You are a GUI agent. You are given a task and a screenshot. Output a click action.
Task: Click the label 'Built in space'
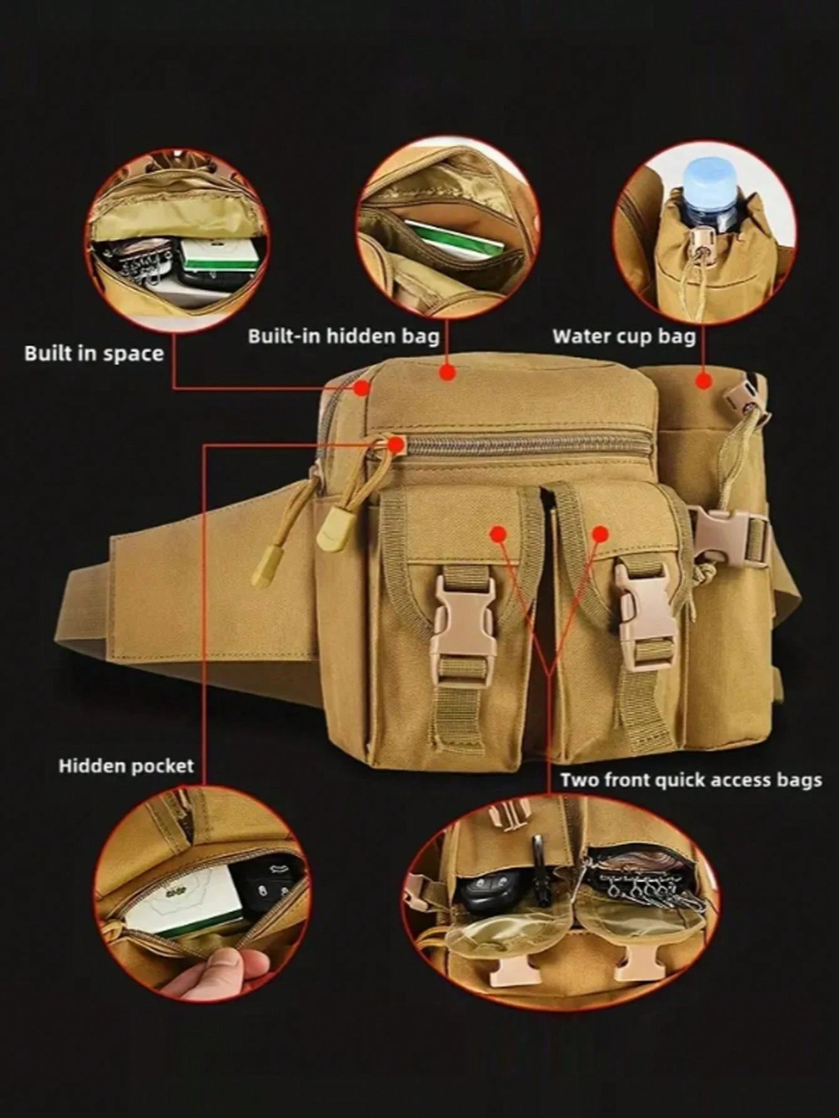94,354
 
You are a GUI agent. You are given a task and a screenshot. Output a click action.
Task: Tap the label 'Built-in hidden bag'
344,336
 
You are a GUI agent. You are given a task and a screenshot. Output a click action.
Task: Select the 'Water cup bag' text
624,336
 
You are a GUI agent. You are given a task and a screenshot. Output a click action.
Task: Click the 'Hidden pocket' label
126,765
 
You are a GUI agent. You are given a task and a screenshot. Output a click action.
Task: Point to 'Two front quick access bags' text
691,780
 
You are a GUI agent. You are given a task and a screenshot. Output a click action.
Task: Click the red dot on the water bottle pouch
704,380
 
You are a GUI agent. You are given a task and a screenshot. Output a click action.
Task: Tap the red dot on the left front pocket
498,534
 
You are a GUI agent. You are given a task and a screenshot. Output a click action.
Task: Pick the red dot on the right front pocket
600,534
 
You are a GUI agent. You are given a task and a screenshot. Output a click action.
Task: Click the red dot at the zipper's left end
396,445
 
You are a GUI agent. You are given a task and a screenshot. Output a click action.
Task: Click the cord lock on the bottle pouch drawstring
700,240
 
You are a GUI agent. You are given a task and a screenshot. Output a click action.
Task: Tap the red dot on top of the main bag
446,372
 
